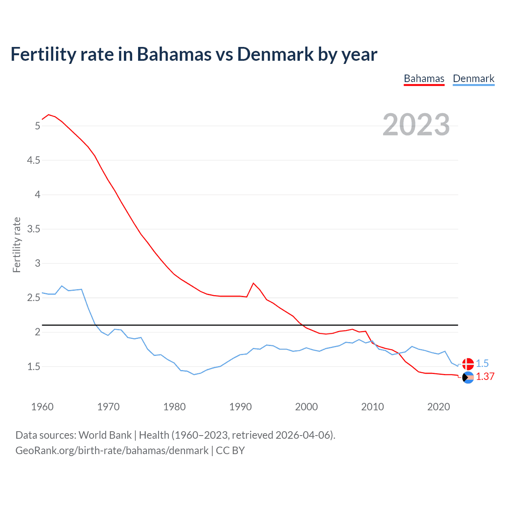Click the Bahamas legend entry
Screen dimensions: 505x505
pos(424,79)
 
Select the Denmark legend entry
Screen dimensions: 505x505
pos(473,79)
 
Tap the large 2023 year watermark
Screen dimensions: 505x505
pos(416,125)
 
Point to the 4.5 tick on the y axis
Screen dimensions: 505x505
pos(34,160)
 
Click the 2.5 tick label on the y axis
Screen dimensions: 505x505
pos(34,297)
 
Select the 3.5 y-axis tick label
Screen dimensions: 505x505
pos(34,229)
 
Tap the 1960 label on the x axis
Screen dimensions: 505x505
pos(42,407)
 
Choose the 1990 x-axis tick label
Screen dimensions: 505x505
pos(240,407)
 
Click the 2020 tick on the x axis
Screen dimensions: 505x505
pos(438,407)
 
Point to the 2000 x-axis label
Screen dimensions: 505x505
pos(306,407)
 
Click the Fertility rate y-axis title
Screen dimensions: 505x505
pos(17,245)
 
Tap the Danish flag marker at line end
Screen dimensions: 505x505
pos(468,364)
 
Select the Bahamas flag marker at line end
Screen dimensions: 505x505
pos(468,378)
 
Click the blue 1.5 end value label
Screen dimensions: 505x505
pos(482,363)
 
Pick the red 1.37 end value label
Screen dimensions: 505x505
pos(485,377)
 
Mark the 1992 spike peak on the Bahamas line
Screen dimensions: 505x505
pos(253,283)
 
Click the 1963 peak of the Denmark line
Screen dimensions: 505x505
pos(62,286)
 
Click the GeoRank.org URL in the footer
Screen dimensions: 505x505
pos(112,451)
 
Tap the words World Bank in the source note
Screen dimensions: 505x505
pos(105,435)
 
